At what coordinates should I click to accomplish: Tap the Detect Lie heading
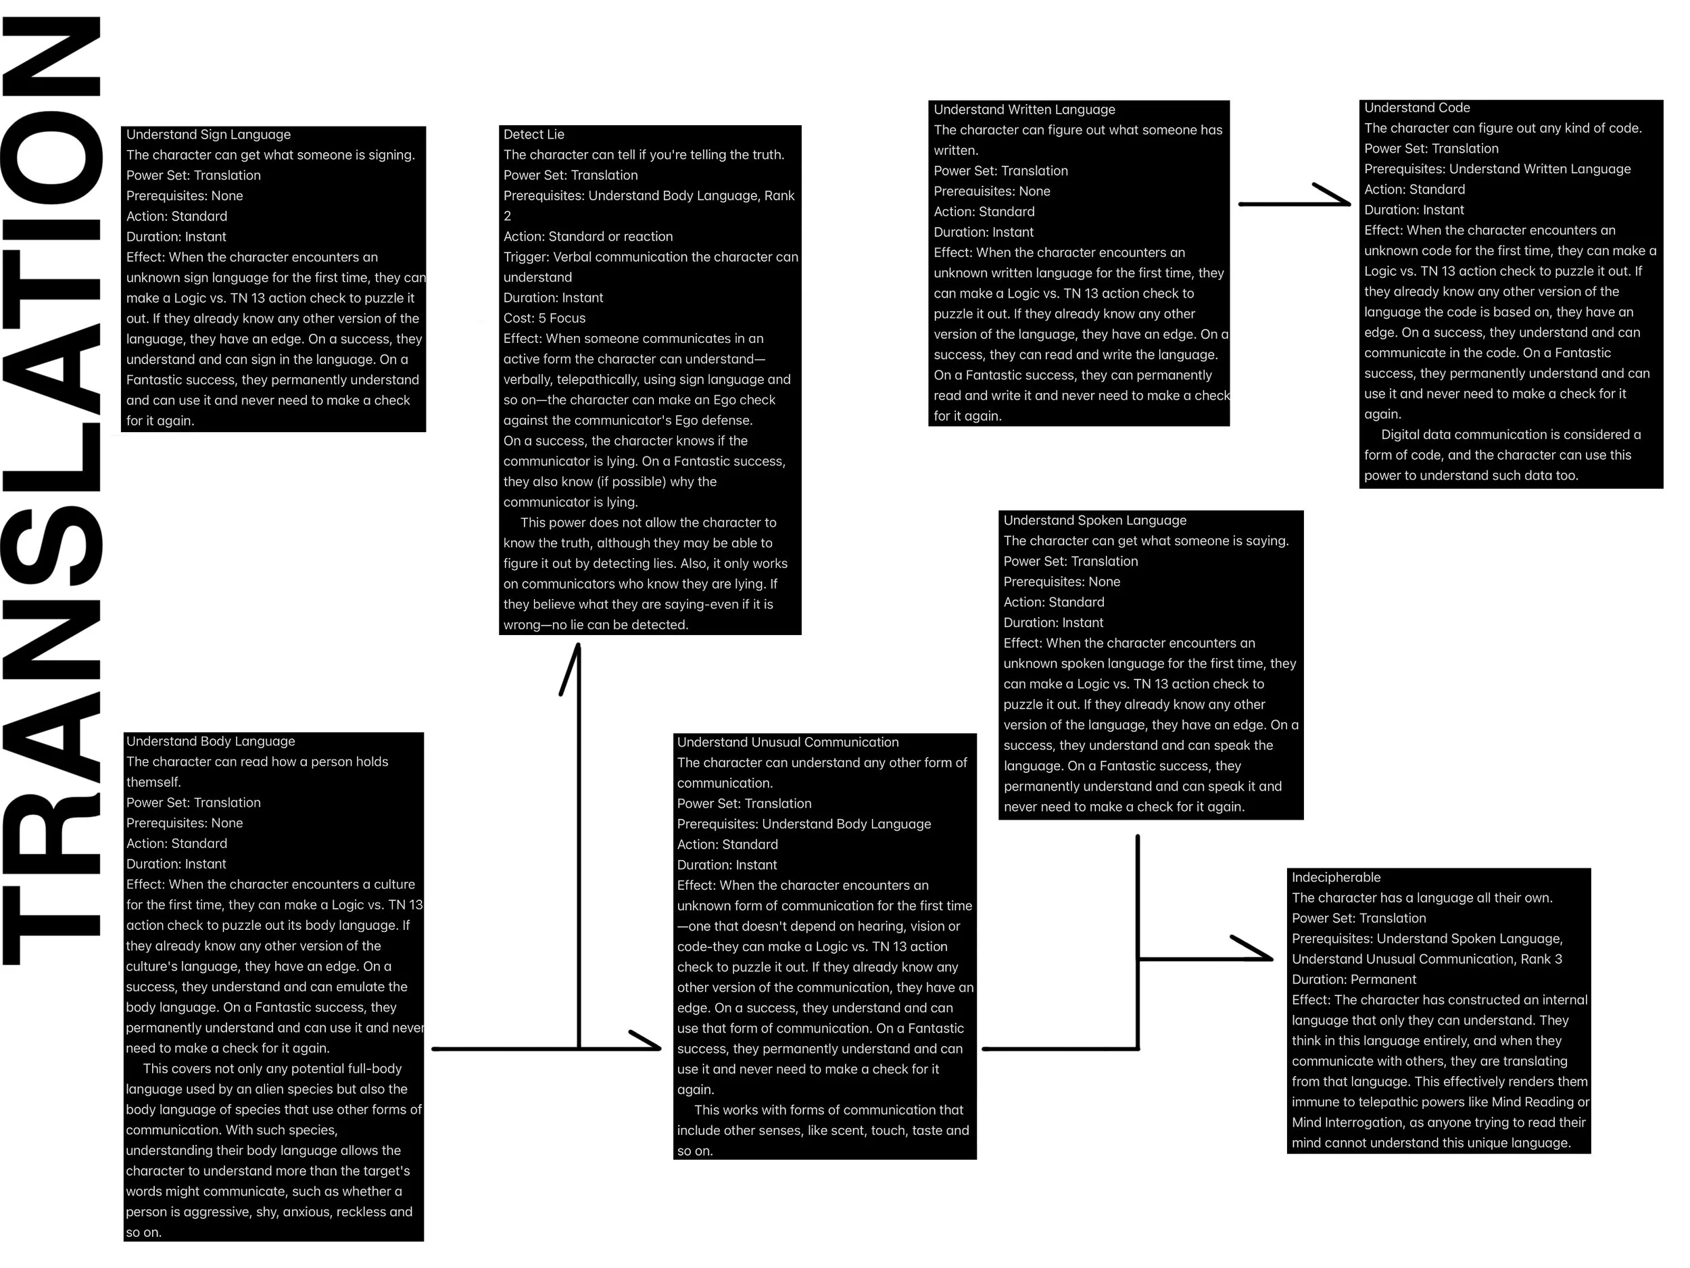click(533, 135)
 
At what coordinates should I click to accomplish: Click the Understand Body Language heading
click(210, 741)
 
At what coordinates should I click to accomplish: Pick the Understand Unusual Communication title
click(787, 742)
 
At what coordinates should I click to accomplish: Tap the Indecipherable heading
click(1336, 877)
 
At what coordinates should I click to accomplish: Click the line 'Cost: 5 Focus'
click(544, 318)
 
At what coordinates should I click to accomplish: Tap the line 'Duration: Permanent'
click(1353, 980)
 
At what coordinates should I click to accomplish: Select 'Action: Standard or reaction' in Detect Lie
click(587, 237)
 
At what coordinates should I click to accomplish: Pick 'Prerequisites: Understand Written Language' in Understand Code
click(1497, 169)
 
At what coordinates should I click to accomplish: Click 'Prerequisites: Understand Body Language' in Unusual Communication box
click(803, 824)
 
